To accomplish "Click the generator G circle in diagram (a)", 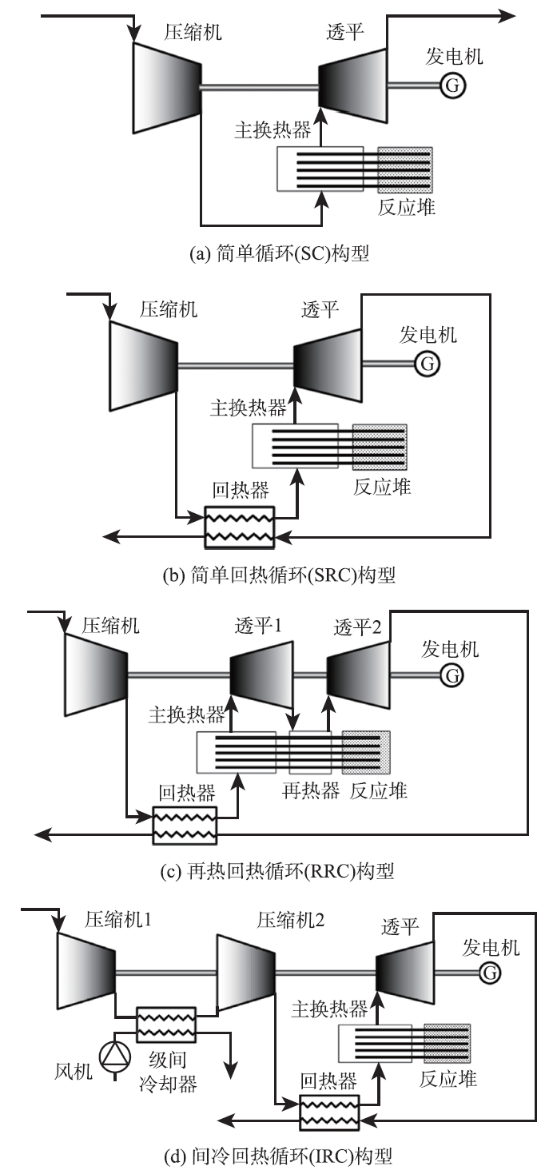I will (452, 86).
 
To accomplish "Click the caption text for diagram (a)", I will (278, 253).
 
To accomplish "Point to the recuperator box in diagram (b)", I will (240, 526).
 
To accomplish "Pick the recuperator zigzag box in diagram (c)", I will (185, 825).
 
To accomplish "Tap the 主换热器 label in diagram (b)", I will (248, 408).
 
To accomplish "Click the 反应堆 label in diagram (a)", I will (407, 206).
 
